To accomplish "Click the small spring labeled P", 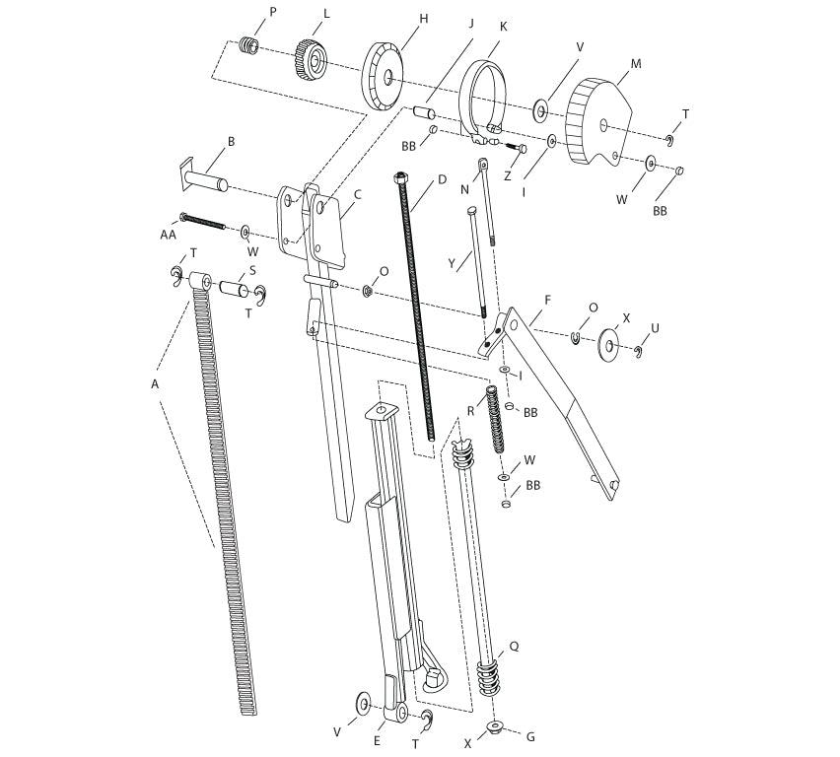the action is [x=248, y=44].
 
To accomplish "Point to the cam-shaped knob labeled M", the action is [x=598, y=121].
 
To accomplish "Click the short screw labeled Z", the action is [x=515, y=146].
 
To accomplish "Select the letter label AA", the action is [x=169, y=235].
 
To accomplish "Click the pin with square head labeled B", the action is [x=203, y=177].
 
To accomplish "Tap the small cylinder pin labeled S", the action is [x=234, y=288].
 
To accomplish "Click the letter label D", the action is [x=442, y=178].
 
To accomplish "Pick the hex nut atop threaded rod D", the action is [x=400, y=176].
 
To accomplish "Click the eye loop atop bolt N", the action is [x=483, y=162].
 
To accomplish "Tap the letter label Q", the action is [x=514, y=647].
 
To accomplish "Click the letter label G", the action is [x=530, y=736].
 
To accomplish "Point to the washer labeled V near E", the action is [x=363, y=701].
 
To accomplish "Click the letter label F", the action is [x=547, y=300].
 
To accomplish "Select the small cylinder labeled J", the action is [x=424, y=113].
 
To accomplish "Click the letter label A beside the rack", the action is [x=155, y=384].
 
